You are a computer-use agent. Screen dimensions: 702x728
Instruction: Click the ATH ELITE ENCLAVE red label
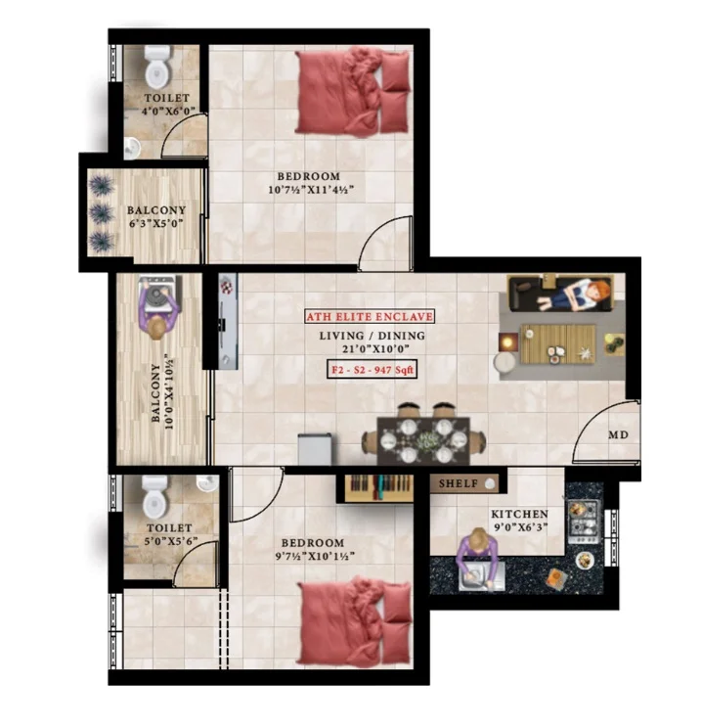point(370,317)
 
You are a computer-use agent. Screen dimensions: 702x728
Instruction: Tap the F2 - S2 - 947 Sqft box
point(372,370)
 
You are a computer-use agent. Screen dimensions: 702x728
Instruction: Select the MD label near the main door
point(618,434)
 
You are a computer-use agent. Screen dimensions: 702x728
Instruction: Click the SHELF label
point(458,483)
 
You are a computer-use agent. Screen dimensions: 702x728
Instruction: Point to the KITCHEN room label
point(520,514)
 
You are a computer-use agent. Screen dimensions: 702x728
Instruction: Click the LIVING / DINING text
point(372,336)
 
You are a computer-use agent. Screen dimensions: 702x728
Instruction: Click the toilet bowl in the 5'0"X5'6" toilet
point(154,496)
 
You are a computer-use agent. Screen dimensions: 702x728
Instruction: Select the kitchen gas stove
point(584,522)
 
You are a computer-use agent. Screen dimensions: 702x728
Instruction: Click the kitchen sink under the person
point(481,576)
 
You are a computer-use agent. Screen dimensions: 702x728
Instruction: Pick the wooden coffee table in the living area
point(558,343)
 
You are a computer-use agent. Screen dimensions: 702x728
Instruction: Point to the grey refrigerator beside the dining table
point(315,448)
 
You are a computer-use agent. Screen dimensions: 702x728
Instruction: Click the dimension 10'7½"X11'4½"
point(311,190)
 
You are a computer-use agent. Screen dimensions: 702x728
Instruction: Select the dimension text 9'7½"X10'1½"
point(315,556)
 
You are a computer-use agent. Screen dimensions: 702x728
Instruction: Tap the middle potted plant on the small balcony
point(101,213)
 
